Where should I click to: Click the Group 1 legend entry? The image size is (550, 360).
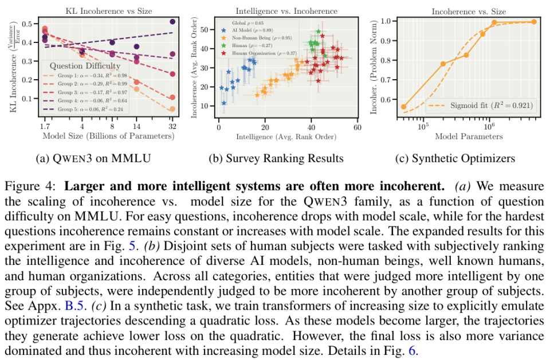[84, 75]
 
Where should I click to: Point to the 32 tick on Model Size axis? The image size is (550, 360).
[172, 126]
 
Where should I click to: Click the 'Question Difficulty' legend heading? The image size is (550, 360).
[84, 66]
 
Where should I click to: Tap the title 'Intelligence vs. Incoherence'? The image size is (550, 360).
[286, 11]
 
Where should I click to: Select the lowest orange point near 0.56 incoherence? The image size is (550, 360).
[403, 107]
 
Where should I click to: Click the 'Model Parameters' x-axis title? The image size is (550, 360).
[469, 136]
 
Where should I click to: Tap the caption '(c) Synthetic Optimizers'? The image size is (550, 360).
[462, 159]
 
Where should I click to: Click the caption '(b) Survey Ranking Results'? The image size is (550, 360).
[286, 159]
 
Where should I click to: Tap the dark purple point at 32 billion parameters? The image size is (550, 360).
[172, 22]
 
